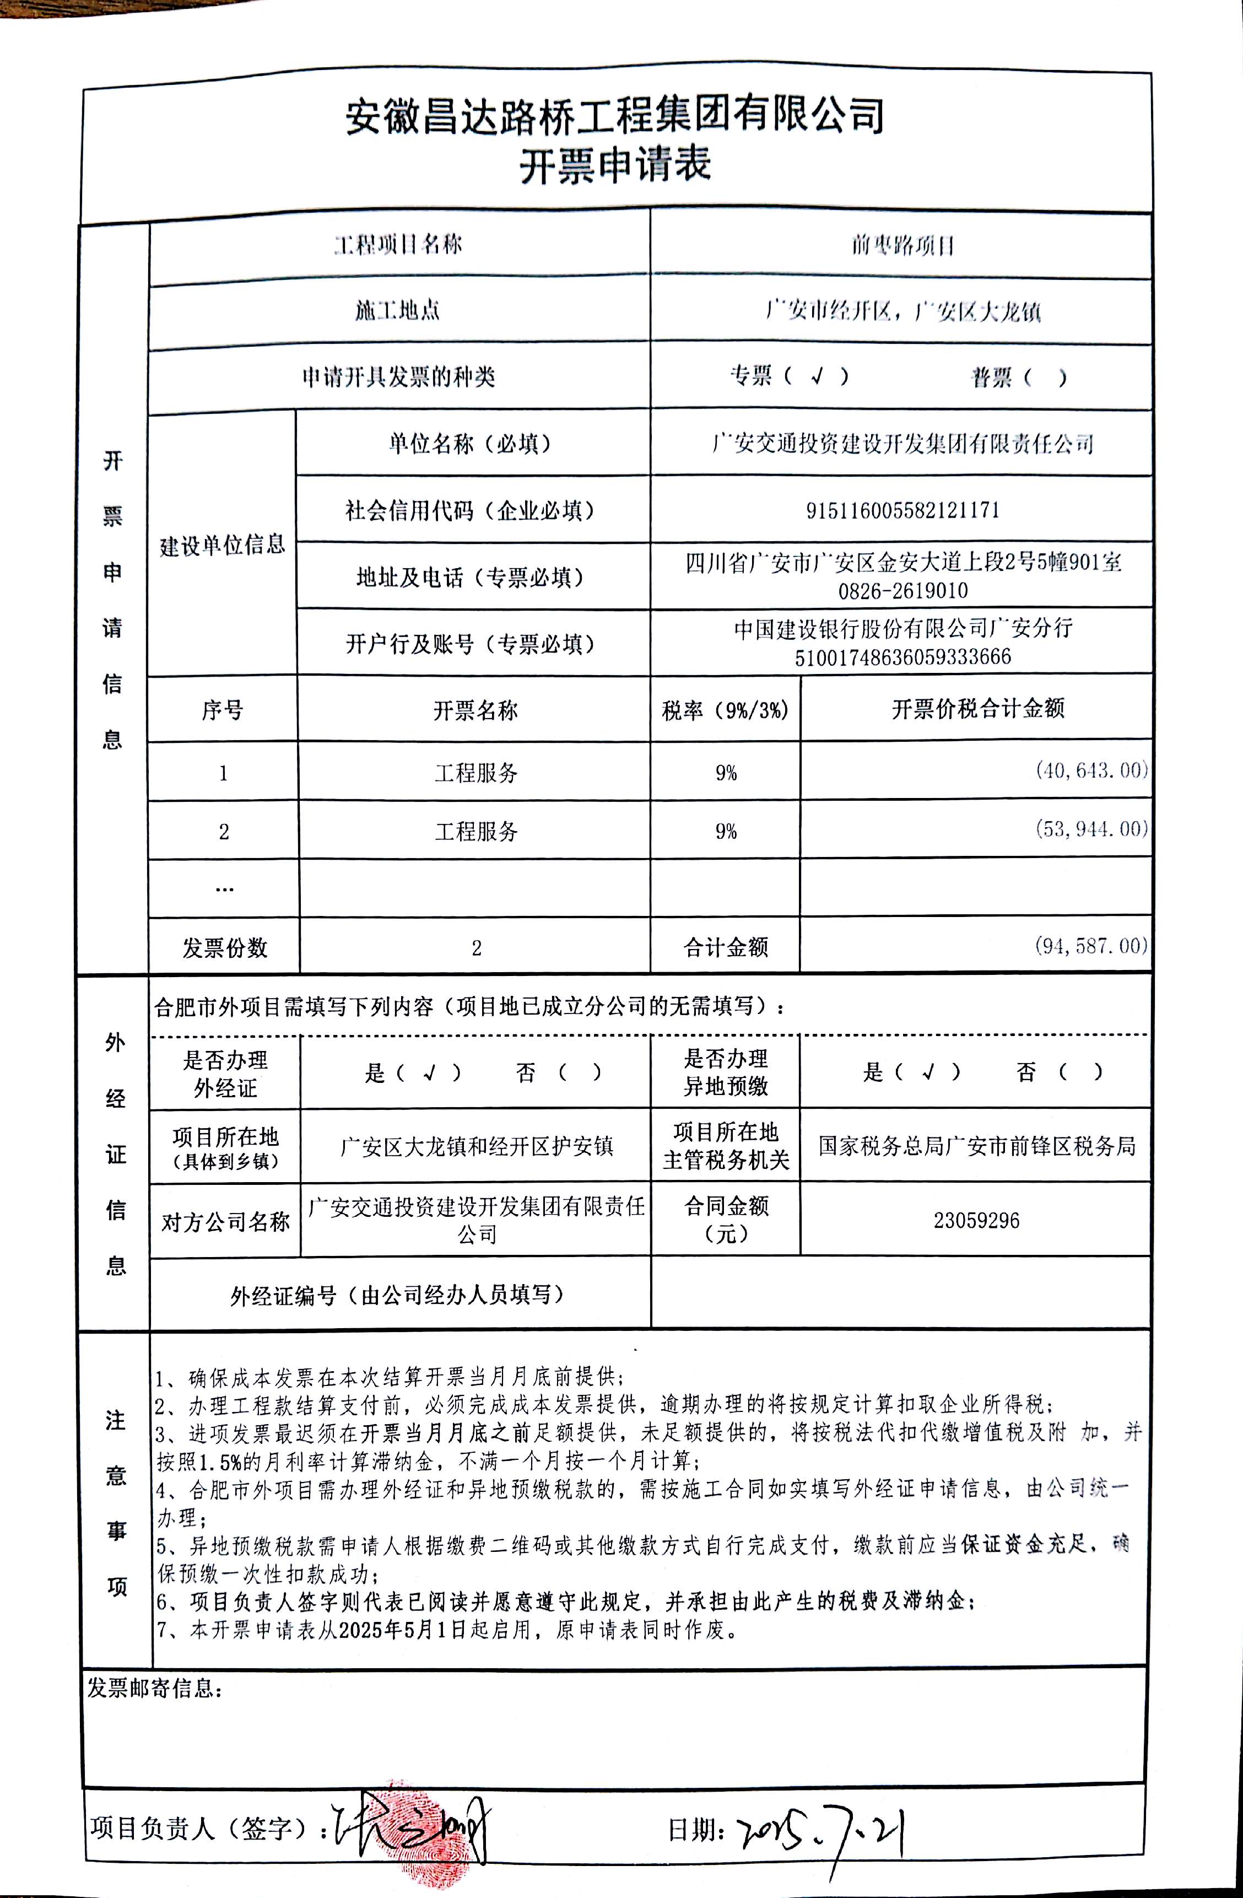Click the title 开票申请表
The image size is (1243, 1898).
[615, 166]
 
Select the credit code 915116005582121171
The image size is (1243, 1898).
[902, 510]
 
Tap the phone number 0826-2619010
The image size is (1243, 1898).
[902, 591]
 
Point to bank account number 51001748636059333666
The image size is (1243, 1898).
[902, 657]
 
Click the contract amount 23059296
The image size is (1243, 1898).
[976, 1220]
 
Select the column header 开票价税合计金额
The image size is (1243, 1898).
[977, 708]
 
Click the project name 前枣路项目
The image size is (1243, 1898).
[902, 245]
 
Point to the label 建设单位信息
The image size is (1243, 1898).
[223, 546]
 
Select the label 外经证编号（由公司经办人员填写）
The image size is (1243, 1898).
[397, 1295]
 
